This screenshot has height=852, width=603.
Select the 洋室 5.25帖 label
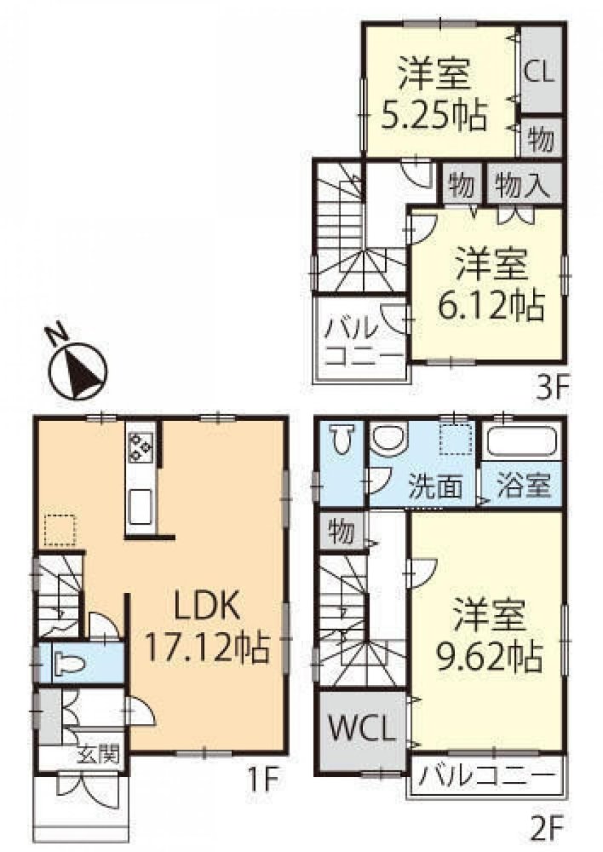[x=433, y=95]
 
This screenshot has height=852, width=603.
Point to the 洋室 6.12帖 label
[x=491, y=285]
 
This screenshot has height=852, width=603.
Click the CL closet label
[x=539, y=71]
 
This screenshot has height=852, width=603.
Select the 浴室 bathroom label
[x=523, y=484]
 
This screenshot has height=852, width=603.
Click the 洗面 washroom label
[x=435, y=486]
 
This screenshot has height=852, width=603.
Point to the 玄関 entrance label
[x=97, y=754]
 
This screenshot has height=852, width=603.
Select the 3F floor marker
[x=551, y=389]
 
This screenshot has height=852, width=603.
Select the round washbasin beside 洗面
[x=388, y=438]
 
